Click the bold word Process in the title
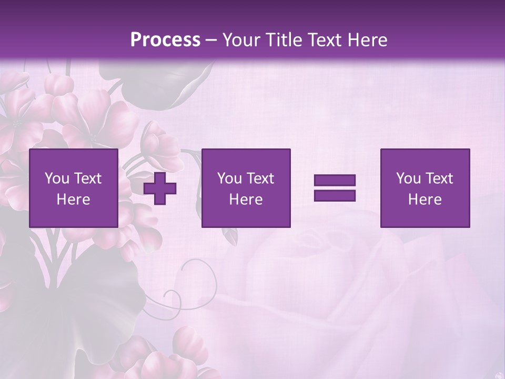coord(165,39)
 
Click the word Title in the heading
coord(284,39)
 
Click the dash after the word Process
coord(211,41)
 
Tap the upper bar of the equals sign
coord(335,181)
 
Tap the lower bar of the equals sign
coord(335,195)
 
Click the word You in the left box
coord(57,178)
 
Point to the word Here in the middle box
coord(246,200)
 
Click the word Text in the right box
coord(439,178)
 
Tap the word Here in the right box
coord(425,200)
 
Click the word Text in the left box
coord(87,178)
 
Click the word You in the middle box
coord(230,178)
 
